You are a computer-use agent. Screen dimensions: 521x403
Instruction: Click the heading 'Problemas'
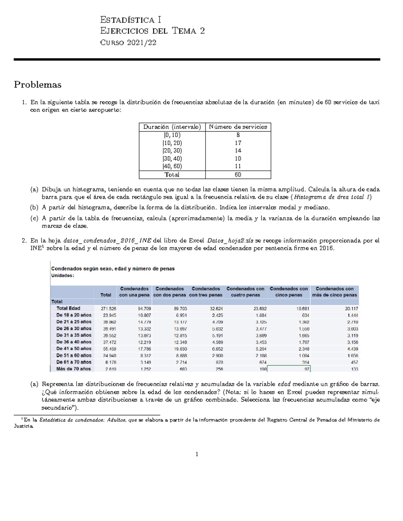pyautogui.click(x=38, y=85)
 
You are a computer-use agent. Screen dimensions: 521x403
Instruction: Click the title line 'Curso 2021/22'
pyautogui.click(x=128, y=43)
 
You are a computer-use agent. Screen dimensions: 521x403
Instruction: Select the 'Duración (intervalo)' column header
pyautogui.click(x=172, y=127)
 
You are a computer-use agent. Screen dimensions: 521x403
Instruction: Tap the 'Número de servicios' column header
pyautogui.click(x=238, y=127)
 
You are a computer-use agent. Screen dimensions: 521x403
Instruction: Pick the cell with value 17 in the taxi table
pyautogui.click(x=238, y=143)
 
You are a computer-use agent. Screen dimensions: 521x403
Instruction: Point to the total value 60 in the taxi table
pyautogui.click(x=238, y=175)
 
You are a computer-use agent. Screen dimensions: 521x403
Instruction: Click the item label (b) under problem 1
pyautogui.click(x=34, y=207)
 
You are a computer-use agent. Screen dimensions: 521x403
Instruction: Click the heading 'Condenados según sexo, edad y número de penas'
pyautogui.click(x=113, y=269)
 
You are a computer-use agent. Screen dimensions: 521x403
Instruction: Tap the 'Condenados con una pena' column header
pyautogui.click(x=134, y=292)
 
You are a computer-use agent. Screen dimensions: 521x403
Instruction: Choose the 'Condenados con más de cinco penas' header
pyautogui.click(x=334, y=292)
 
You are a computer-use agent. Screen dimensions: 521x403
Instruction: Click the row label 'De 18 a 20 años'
pyautogui.click(x=74, y=315)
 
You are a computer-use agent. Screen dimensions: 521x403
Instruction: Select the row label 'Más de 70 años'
pyautogui.click(x=74, y=369)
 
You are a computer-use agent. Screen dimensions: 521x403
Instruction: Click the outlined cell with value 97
pyautogui.click(x=288, y=369)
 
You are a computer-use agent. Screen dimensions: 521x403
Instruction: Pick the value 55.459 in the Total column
pyautogui.click(x=109, y=349)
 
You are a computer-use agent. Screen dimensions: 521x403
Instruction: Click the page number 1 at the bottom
pyautogui.click(x=197, y=454)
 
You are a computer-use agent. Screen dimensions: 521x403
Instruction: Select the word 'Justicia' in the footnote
pyautogui.click(x=24, y=426)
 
